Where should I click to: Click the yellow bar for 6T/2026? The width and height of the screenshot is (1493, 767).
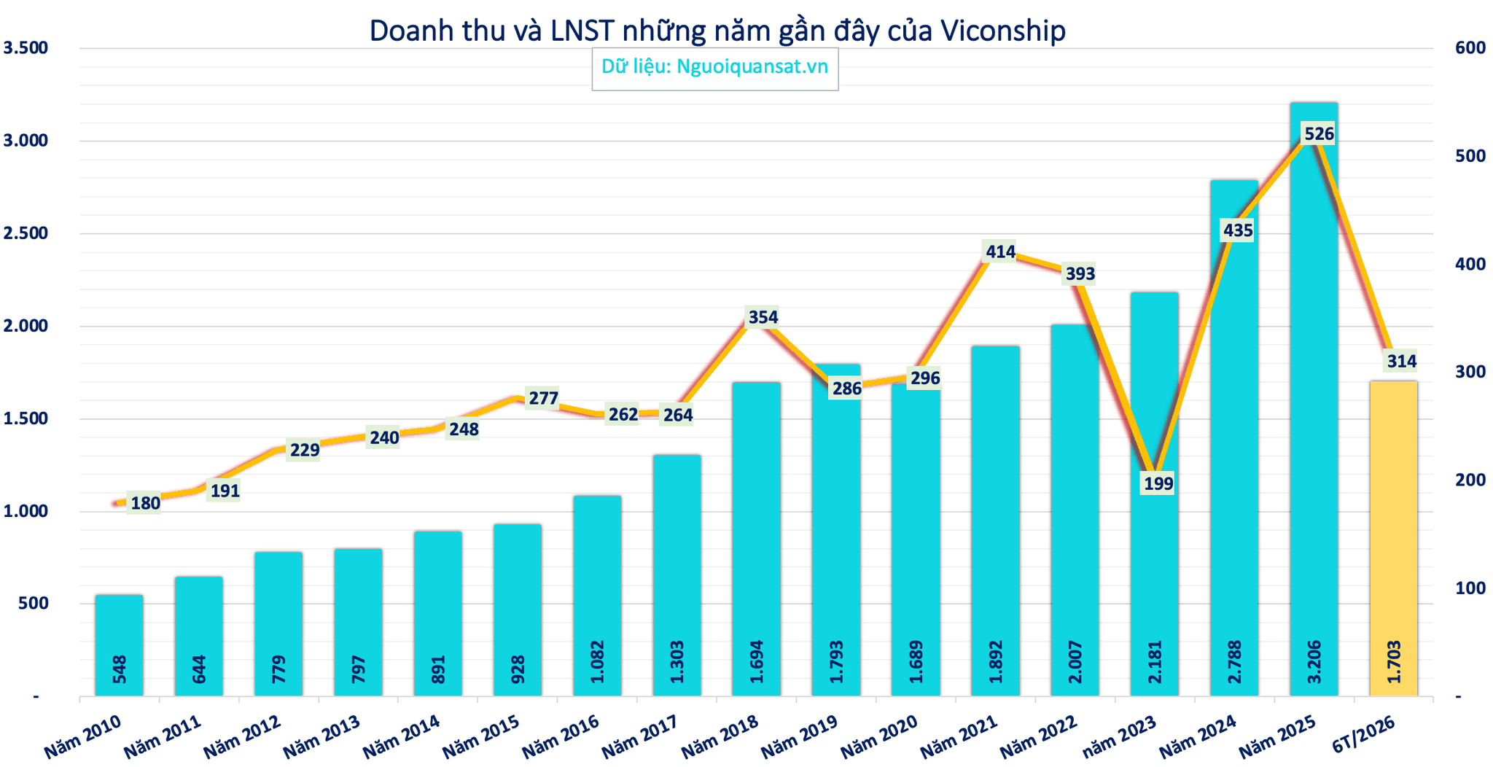point(1393,538)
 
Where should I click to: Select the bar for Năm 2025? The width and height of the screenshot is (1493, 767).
point(1314,400)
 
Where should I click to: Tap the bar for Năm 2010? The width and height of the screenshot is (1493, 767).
point(119,645)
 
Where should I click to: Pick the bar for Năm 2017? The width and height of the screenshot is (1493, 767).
point(677,575)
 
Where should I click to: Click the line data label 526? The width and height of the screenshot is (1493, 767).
point(1319,134)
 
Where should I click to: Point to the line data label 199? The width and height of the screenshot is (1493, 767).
point(1158,483)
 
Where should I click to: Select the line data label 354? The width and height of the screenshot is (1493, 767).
point(763,317)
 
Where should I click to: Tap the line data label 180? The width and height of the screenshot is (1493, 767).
point(145,503)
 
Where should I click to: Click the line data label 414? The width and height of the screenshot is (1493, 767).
point(1000,252)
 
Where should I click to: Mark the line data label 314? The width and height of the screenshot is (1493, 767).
point(1401,361)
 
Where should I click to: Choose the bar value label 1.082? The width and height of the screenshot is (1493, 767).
point(597,661)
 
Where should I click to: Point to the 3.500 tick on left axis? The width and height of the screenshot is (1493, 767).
point(26,48)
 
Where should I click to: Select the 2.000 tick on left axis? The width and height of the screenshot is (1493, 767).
point(26,326)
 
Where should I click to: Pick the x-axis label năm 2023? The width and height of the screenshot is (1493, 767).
point(1119,736)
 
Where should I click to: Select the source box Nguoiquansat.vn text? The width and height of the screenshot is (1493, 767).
point(752,66)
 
